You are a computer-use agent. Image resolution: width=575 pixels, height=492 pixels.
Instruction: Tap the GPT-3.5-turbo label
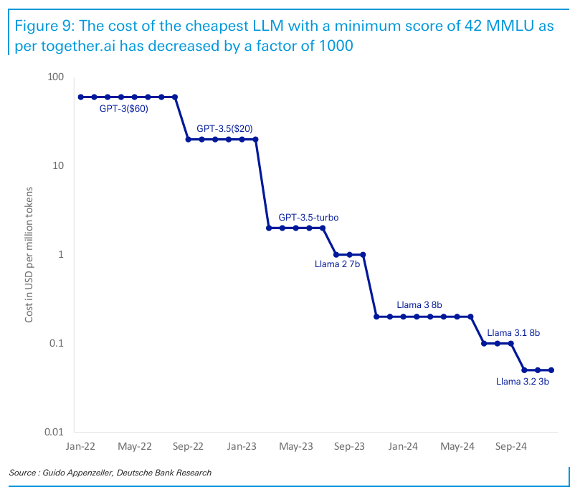pos(308,216)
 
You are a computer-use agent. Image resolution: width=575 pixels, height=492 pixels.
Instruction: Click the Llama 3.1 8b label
pos(513,332)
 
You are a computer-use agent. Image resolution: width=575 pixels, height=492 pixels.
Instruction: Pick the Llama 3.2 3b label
pos(523,381)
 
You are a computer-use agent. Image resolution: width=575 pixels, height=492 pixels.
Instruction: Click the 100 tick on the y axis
pos(55,77)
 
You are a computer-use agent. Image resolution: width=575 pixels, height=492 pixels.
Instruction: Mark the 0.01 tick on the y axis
pos(53,432)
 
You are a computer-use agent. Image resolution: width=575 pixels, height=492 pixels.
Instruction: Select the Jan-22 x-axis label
pos(80,446)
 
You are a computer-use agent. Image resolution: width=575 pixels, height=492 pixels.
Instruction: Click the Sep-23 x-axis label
pos(349,446)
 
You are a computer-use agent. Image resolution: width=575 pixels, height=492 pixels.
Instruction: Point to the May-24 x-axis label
pos(457,446)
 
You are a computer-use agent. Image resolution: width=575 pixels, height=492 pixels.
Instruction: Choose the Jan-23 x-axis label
pos(242,446)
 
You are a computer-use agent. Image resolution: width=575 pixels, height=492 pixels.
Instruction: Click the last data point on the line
pos(551,370)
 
